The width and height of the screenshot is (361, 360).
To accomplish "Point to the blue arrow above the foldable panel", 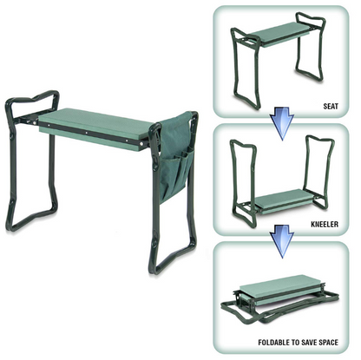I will coord(278,236).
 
